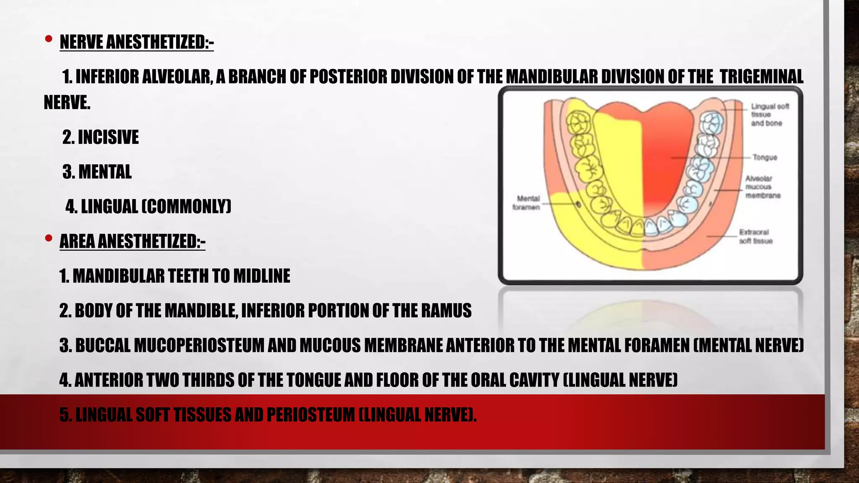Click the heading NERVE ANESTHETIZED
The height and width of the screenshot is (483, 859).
point(136,42)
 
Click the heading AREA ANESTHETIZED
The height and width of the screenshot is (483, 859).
point(132,241)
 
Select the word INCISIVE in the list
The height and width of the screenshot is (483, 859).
point(108,137)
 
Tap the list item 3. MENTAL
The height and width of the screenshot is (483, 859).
point(97,172)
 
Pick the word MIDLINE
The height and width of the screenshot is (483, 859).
point(262,276)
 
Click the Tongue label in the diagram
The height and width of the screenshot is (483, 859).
point(765,158)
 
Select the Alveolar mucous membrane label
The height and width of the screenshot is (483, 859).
point(763,187)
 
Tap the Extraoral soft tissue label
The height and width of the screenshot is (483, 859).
point(755,236)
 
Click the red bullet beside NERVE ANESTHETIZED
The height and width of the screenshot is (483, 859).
point(49,39)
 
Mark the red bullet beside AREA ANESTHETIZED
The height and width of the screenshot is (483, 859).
point(49,238)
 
